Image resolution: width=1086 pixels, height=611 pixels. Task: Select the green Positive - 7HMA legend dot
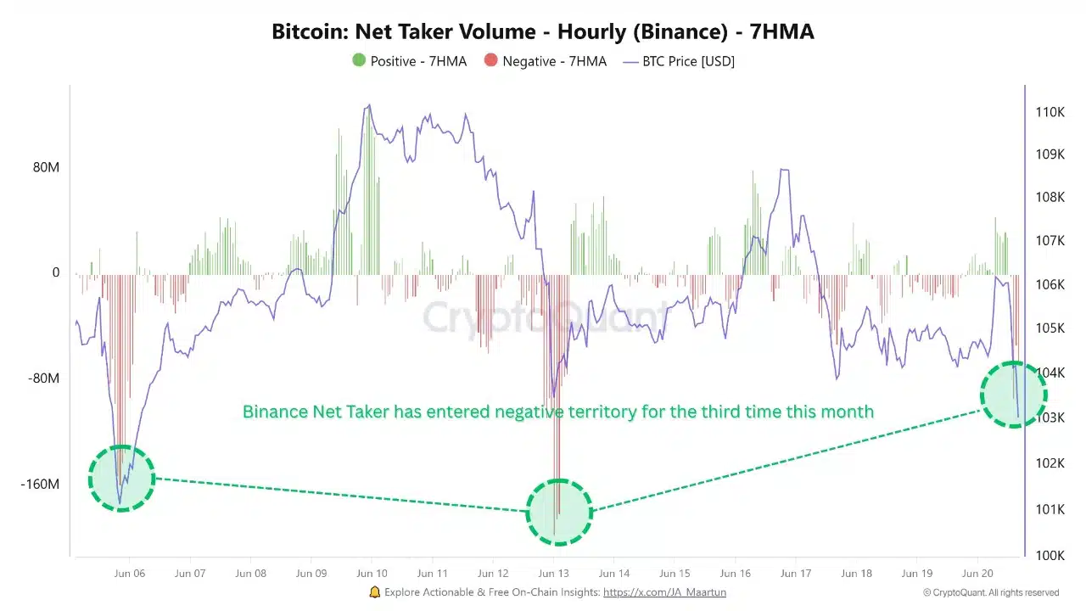(x=359, y=61)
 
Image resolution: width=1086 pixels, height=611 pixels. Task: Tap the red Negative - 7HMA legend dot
(x=490, y=61)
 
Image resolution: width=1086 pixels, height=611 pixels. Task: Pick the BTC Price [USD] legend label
(x=688, y=61)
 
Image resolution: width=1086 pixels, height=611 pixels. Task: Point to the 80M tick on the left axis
(x=47, y=167)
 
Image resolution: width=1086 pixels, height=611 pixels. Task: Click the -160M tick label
(x=41, y=485)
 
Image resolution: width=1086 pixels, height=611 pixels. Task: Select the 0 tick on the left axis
(x=56, y=272)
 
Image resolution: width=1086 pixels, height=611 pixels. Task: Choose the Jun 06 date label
(x=130, y=574)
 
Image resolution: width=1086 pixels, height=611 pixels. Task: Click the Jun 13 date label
(x=553, y=574)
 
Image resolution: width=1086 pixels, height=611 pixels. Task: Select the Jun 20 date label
(x=977, y=574)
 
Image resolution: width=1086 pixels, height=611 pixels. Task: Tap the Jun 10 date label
(x=372, y=574)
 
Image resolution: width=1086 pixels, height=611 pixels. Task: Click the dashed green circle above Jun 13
(x=558, y=512)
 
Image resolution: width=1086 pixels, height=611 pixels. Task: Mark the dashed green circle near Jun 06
(x=122, y=479)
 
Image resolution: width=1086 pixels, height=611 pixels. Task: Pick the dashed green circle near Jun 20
(x=1014, y=395)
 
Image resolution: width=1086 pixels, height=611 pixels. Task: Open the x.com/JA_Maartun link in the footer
(x=664, y=592)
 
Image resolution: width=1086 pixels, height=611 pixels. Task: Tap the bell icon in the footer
(x=375, y=592)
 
